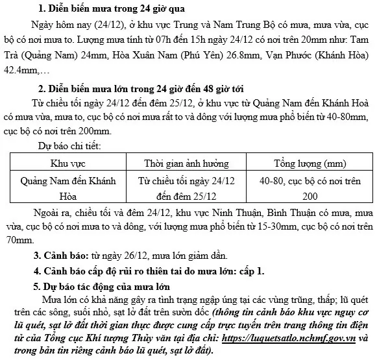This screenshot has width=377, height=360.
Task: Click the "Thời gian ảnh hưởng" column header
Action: [x=185, y=162]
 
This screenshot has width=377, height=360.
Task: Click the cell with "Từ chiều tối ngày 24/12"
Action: [x=185, y=180]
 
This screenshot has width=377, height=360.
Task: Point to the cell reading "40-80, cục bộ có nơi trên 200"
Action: [x=310, y=187]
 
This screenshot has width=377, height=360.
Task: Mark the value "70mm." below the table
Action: [x=16, y=240]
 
